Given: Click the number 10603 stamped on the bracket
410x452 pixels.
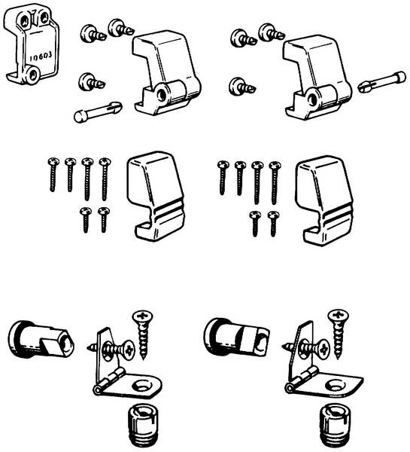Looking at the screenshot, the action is pyautogui.click(x=41, y=56).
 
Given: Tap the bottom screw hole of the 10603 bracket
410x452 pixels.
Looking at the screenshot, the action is pyautogui.click(x=32, y=75).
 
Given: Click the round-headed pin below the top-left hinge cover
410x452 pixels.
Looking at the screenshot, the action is pyautogui.click(x=98, y=111).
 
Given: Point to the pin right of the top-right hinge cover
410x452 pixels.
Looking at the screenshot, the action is pyautogui.click(x=381, y=81).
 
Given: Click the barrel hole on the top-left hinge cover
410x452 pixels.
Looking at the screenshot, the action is pyautogui.click(x=161, y=96).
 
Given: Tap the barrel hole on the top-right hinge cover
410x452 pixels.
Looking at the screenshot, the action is pyautogui.click(x=311, y=99).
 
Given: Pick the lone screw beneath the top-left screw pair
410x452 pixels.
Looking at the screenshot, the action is pyautogui.click(x=92, y=82).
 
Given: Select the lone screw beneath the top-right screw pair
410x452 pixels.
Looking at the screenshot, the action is pyautogui.click(x=242, y=86).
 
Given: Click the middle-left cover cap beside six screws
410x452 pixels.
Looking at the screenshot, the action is pyautogui.click(x=156, y=196).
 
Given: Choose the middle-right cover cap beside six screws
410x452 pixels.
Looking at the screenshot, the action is pyautogui.click(x=324, y=200).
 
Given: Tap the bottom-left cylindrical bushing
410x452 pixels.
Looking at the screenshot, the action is pyautogui.click(x=41, y=340).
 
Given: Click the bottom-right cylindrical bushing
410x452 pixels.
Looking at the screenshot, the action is pyautogui.click(x=236, y=337).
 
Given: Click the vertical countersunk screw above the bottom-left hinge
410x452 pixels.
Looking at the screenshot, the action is pyautogui.click(x=142, y=334).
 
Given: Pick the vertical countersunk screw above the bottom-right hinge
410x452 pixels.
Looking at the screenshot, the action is pyautogui.click(x=339, y=334).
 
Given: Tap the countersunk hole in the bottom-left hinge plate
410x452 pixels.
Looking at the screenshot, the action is pyautogui.click(x=142, y=386).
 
